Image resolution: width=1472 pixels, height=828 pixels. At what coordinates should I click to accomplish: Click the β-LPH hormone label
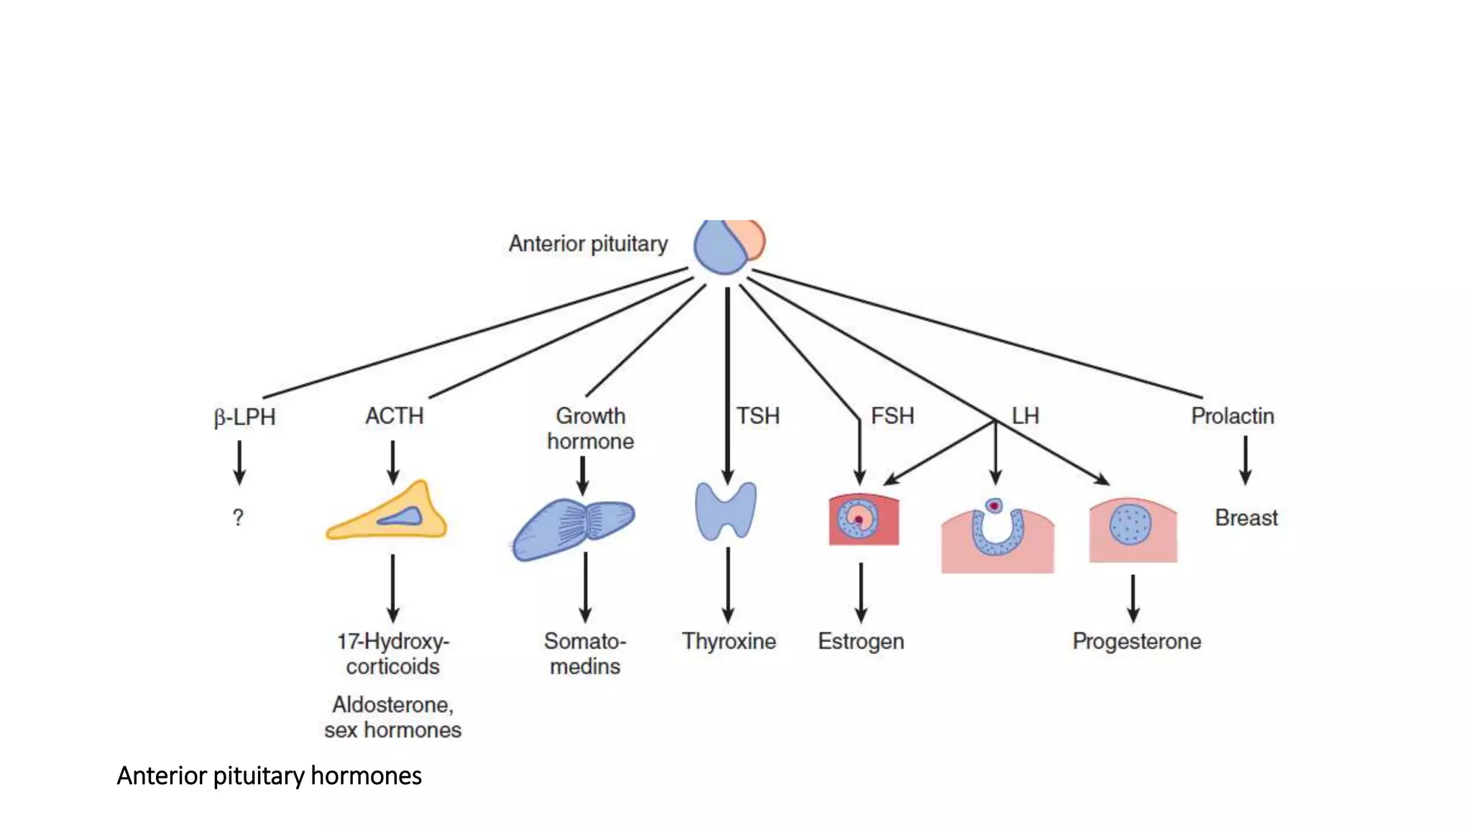pos(244,417)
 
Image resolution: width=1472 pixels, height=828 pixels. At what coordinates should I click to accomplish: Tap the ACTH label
pos(394,415)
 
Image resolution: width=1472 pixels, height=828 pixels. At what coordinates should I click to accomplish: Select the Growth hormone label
pos(590,428)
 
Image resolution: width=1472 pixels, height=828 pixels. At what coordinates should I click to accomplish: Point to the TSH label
pos(758,415)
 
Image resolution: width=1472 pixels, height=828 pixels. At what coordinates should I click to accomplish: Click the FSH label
pos(892,415)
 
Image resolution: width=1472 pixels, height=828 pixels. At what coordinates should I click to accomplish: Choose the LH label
pos(1025,415)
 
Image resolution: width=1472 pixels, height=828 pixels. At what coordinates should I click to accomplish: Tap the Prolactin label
pos(1232,415)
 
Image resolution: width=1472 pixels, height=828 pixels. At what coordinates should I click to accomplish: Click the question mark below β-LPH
pos(238,517)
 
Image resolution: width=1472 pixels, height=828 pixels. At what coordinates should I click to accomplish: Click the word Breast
pos(1246,517)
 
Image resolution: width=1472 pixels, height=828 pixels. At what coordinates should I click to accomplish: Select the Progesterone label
pos(1136,641)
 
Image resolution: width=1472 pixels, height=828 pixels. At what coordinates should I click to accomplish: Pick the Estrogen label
pos(860,641)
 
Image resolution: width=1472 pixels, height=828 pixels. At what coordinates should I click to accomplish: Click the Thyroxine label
pos(729,641)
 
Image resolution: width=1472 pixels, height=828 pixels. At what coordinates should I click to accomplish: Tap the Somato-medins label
pos(585,653)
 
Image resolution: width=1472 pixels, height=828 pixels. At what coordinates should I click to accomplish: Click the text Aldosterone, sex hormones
pos(392,717)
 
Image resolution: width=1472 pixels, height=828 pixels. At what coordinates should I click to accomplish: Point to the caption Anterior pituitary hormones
pos(269,776)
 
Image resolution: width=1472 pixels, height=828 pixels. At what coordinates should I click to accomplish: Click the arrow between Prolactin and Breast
pos(1246,460)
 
